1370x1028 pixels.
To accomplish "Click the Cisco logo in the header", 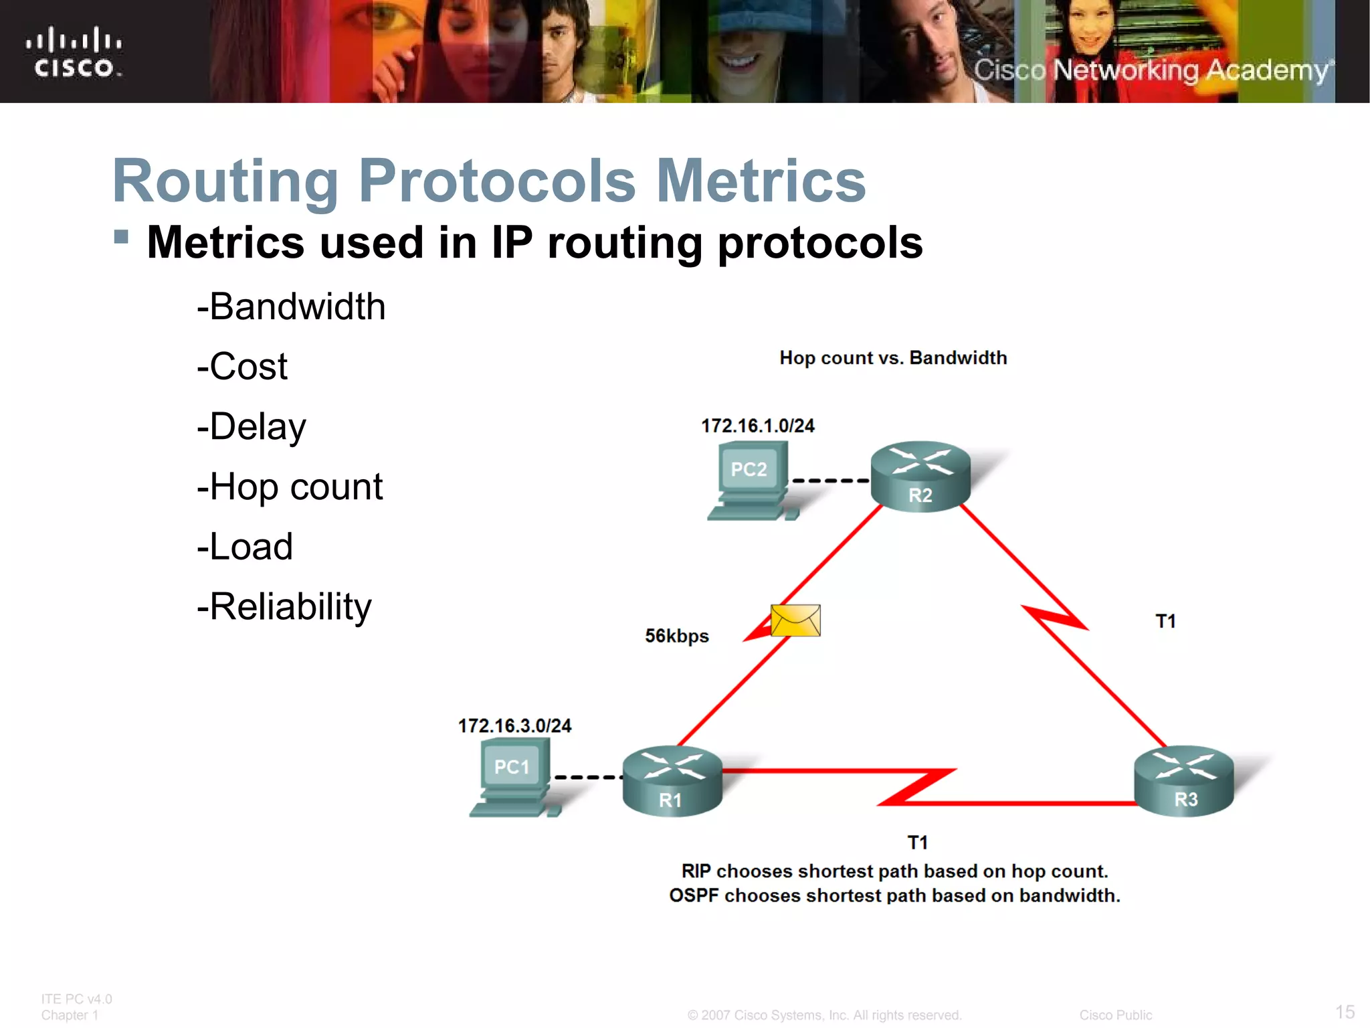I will pyautogui.click(x=74, y=52).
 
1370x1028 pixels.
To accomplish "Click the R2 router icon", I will pyautogui.click(x=920, y=476).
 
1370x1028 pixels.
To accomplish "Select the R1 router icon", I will pyautogui.click(x=672, y=780).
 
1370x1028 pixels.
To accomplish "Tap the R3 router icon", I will pyautogui.click(x=1184, y=780).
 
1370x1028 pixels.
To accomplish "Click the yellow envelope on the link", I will pyautogui.click(x=795, y=620).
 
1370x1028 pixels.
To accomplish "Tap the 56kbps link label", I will pyautogui.click(x=676, y=636).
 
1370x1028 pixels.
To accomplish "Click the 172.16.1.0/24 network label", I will pyautogui.click(x=757, y=426).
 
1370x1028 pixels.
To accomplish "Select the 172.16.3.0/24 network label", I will pyautogui.click(x=514, y=725).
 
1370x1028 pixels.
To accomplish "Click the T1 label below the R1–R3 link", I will pyautogui.click(x=917, y=842).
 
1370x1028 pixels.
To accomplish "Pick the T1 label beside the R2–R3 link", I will pyautogui.click(x=1165, y=621).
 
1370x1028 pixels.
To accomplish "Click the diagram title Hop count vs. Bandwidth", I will pyautogui.click(x=893, y=358).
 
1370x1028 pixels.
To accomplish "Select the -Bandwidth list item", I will pyautogui.click(x=291, y=307).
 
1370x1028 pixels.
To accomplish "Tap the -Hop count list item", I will pyautogui.click(x=290, y=487).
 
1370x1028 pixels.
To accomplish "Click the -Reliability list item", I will pyautogui.click(x=284, y=606).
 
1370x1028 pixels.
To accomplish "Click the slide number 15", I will pyautogui.click(x=1345, y=1011).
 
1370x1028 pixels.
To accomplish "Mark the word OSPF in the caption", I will pyautogui.click(x=694, y=895).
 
